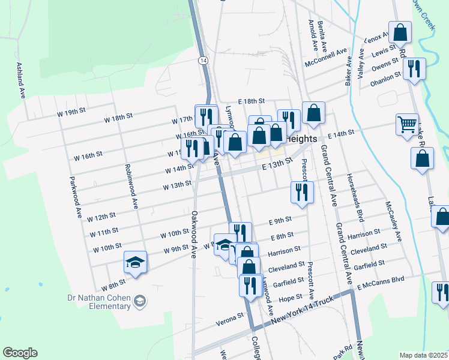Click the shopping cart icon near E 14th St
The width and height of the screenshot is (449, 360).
click(x=407, y=124)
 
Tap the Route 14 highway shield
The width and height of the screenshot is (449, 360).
click(x=204, y=61)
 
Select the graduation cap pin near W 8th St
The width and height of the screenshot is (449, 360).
click(x=136, y=262)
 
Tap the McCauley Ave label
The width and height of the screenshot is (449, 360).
click(x=393, y=221)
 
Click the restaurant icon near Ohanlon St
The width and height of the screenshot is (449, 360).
click(x=414, y=69)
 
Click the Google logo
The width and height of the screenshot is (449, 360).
click(x=20, y=353)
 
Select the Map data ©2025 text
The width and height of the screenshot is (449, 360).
click(x=423, y=355)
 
